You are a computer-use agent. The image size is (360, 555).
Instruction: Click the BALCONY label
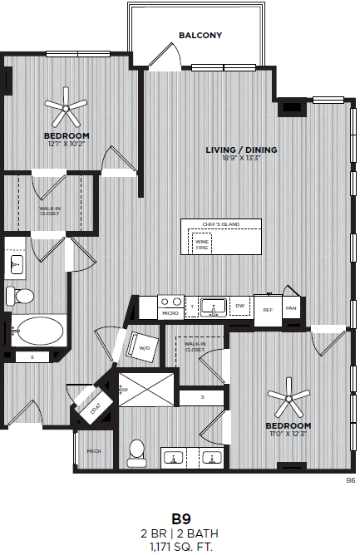200,36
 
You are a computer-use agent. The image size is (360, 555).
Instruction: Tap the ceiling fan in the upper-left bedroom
67,106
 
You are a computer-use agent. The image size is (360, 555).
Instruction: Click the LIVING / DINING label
242,150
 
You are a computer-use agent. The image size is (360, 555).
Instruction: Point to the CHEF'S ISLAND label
221,224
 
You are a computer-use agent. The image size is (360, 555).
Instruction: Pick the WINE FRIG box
202,243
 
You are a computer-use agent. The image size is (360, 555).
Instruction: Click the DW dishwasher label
239,307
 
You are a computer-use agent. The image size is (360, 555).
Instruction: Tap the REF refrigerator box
267,308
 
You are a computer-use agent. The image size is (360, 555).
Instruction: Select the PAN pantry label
290,308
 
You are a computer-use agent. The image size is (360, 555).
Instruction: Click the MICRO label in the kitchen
170,313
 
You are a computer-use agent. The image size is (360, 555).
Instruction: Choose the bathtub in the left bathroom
36,332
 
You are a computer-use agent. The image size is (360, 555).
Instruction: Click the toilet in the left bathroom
20,295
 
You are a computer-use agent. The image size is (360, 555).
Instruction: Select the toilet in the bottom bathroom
137,453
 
